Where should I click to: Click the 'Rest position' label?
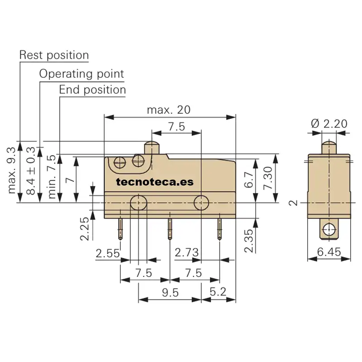54,55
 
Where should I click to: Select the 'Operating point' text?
81,74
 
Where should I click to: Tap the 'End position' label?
92,90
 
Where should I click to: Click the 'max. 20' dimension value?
169,110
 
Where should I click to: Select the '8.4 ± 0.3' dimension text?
31,171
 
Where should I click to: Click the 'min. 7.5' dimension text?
52,176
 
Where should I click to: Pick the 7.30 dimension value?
268,178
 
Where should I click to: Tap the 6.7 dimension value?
248,180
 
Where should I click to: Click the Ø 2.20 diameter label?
329,124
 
